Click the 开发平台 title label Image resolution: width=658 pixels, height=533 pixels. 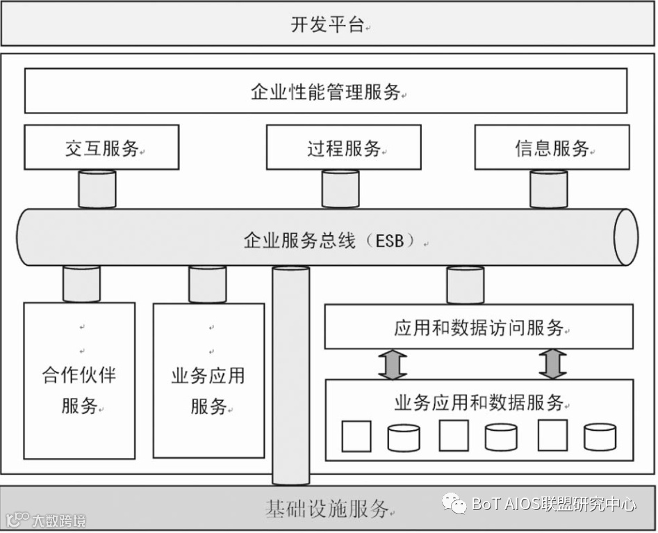[327, 25]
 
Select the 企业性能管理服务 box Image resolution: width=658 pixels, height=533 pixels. [326, 91]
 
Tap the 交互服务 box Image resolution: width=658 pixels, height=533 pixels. [101, 148]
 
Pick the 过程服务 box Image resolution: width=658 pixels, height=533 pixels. [343, 148]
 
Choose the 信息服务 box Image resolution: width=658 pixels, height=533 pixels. [552, 148]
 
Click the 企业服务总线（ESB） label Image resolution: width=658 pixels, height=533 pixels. [329, 241]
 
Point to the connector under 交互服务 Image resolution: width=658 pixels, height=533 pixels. [97, 189]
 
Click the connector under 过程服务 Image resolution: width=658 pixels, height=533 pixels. [340, 189]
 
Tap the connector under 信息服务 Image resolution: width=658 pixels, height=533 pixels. [549, 189]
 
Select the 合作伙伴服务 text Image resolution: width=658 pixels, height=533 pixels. [79, 390]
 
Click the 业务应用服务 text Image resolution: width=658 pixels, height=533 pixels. [208, 390]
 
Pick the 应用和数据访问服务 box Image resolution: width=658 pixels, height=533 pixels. [479, 327]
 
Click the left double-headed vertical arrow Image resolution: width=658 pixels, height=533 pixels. [393, 364]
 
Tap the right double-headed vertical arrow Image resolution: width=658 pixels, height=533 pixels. [553, 364]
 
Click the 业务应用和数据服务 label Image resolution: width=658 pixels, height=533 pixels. [479, 402]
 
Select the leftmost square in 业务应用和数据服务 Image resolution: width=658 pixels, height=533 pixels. [356, 436]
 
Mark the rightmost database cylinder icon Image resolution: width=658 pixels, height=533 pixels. [600, 437]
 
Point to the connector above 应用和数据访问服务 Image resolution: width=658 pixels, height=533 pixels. [465, 285]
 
